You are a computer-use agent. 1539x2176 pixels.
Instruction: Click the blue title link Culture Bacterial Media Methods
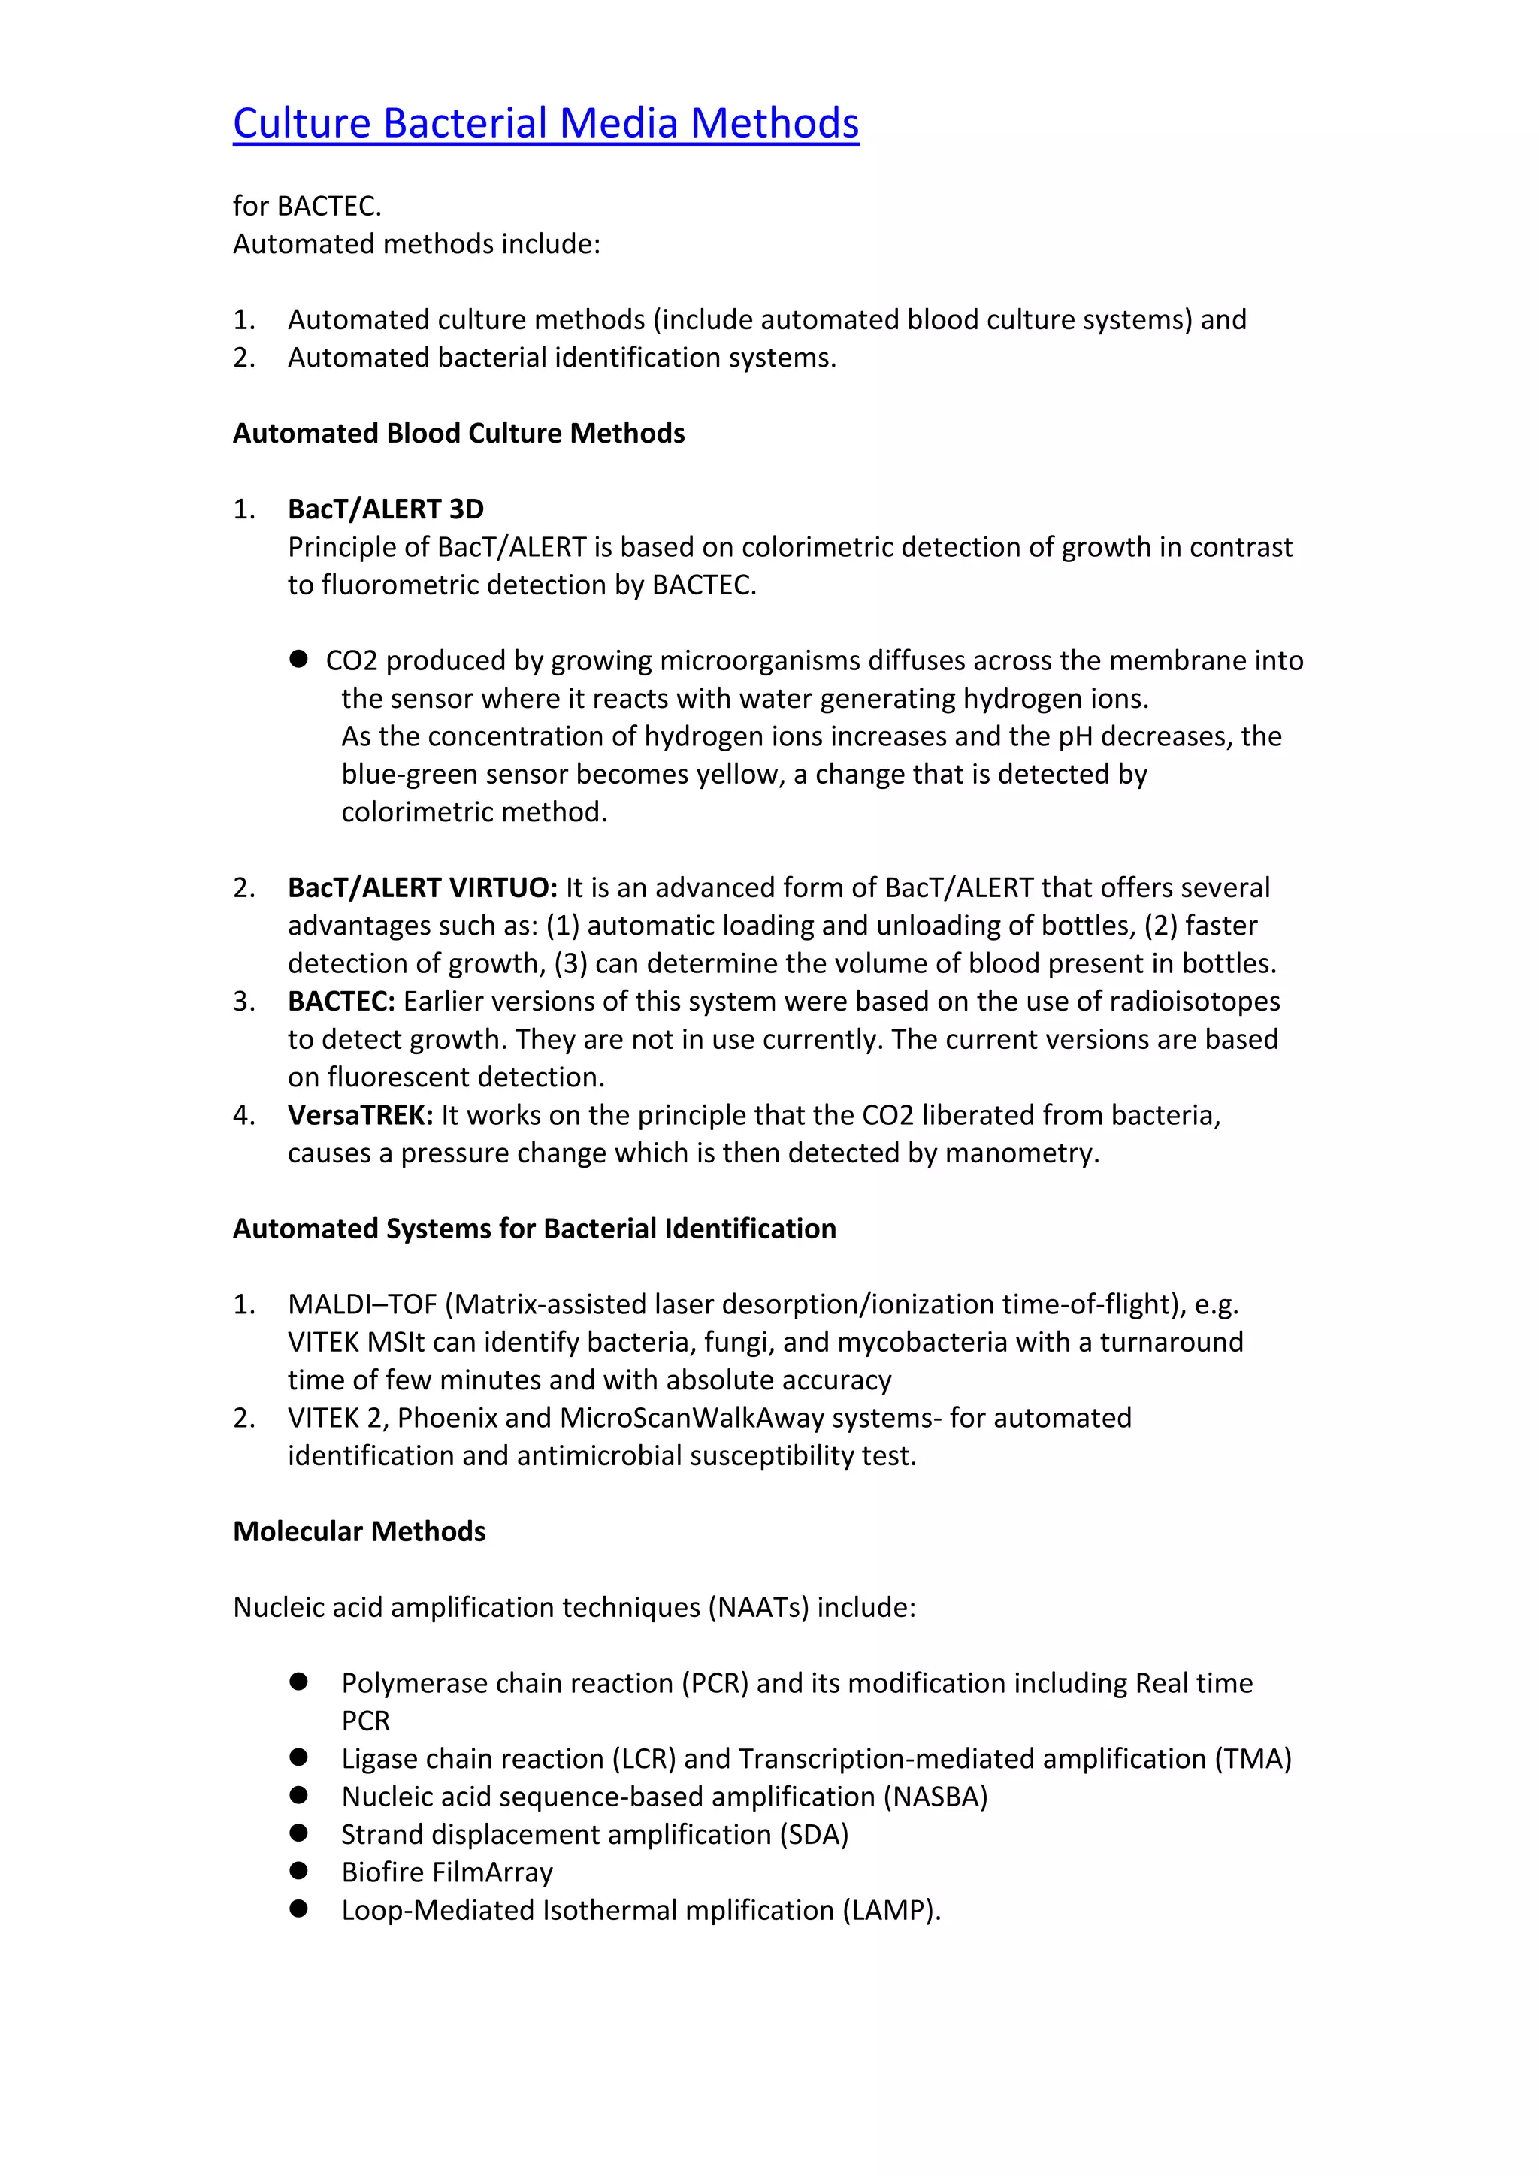(x=546, y=124)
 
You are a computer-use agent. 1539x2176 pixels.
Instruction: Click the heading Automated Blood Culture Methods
(x=458, y=433)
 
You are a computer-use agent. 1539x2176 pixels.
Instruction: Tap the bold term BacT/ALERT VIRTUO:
(x=422, y=888)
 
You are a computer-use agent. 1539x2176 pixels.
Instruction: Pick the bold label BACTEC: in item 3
(x=341, y=1002)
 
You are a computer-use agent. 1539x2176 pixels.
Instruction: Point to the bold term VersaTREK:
(x=360, y=1116)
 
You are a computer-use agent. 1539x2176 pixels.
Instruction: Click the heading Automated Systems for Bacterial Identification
(x=534, y=1229)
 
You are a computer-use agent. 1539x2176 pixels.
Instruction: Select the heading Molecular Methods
(x=359, y=1533)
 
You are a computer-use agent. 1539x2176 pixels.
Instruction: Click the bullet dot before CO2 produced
(x=300, y=659)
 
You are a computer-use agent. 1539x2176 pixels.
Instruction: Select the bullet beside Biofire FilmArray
(x=300, y=1871)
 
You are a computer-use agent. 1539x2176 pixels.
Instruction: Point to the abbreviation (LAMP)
(x=890, y=1911)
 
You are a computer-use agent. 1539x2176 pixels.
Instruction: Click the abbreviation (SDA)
(x=813, y=1835)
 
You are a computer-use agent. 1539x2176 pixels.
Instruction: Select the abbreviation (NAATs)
(x=758, y=1608)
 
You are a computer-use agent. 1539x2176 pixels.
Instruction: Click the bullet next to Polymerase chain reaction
(x=300, y=1682)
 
